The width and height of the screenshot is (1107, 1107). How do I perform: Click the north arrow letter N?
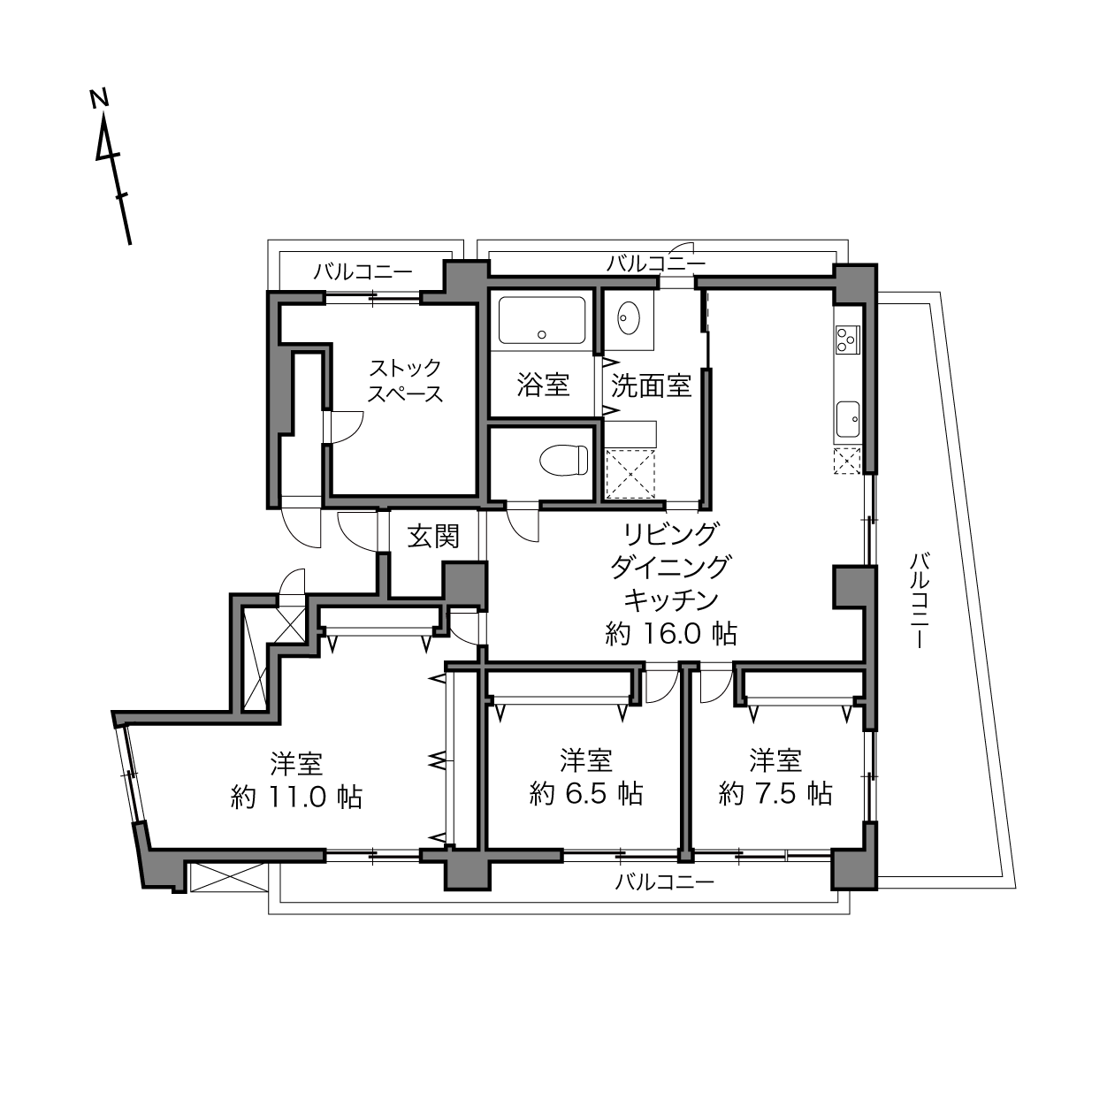(x=99, y=98)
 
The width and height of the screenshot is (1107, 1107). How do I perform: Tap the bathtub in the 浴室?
(x=542, y=320)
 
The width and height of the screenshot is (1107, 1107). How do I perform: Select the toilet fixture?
(x=564, y=460)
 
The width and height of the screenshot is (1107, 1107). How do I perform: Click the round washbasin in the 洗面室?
(x=629, y=317)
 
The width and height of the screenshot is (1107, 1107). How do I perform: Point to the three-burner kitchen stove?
(x=847, y=339)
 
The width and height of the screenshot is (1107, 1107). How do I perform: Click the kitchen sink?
(x=848, y=419)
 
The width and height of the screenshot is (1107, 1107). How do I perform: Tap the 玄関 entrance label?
(x=434, y=537)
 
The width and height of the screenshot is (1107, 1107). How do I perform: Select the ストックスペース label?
(x=405, y=380)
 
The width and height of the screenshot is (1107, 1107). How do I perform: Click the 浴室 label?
(x=543, y=385)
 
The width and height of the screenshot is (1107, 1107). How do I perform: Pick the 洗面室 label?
(x=651, y=385)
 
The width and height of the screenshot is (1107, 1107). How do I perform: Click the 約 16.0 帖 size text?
(x=671, y=634)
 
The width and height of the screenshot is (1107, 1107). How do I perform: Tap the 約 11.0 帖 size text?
(x=296, y=798)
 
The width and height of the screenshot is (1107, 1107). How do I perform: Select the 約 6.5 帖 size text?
(x=586, y=794)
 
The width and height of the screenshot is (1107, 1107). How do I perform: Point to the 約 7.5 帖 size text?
(x=775, y=794)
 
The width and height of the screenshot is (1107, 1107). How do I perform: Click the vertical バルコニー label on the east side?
(x=920, y=600)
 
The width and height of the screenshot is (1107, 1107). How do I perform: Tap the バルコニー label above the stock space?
(x=363, y=271)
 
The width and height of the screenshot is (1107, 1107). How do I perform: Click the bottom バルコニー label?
(x=665, y=882)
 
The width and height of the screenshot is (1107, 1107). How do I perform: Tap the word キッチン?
(x=671, y=600)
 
